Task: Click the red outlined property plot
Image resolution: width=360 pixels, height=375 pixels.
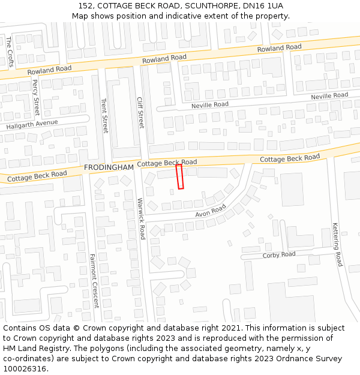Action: pos(179,177)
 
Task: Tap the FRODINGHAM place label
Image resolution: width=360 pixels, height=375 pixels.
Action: pos(109,167)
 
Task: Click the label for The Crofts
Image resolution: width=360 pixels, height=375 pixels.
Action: pos(10,50)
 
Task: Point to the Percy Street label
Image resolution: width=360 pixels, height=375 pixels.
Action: pos(35,98)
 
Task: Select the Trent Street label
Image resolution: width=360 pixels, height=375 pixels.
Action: pos(105,116)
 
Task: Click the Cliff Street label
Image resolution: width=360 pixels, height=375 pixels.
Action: pos(141,113)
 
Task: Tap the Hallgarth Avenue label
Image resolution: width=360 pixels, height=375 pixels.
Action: pos(32,125)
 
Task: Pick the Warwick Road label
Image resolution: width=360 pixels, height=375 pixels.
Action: pos(142,219)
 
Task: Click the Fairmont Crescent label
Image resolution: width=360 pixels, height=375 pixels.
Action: pos(94,281)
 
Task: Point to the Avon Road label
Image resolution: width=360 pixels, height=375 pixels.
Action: pos(211,211)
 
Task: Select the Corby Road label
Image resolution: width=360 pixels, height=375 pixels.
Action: pos(279,255)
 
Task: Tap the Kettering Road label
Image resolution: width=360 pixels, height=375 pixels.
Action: pos(337,244)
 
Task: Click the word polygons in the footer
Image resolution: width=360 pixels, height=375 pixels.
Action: pos(98,349)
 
